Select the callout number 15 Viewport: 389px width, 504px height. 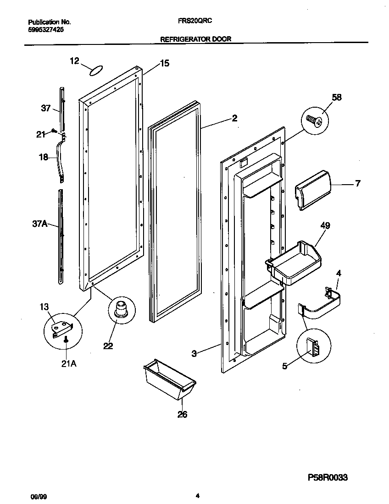pyautogui.click(x=164, y=64)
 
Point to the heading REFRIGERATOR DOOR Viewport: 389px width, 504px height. pyautogui.click(x=195, y=39)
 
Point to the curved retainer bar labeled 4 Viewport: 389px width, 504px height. pyautogui.click(x=323, y=305)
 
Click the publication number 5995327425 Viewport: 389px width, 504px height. pyautogui.click(x=45, y=29)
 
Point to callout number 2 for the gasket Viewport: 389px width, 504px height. pyautogui.click(x=234, y=118)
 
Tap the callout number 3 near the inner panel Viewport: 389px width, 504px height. pyautogui.click(x=194, y=354)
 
